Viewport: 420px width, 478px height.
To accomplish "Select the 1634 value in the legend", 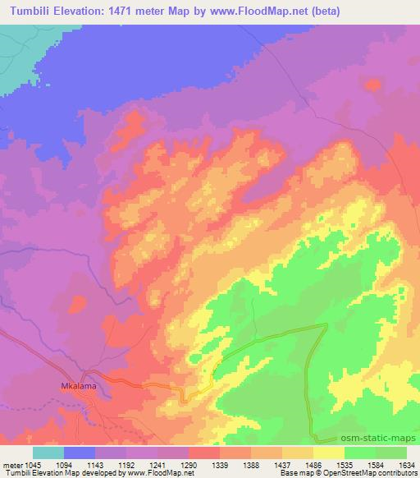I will (x=406, y=464).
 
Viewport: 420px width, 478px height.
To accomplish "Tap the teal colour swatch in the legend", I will (x=48, y=453).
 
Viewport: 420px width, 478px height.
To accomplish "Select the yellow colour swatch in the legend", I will (x=329, y=453).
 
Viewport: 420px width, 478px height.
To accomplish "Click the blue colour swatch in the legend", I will (x=80, y=453).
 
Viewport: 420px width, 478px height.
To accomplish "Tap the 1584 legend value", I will (x=376, y=464).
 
